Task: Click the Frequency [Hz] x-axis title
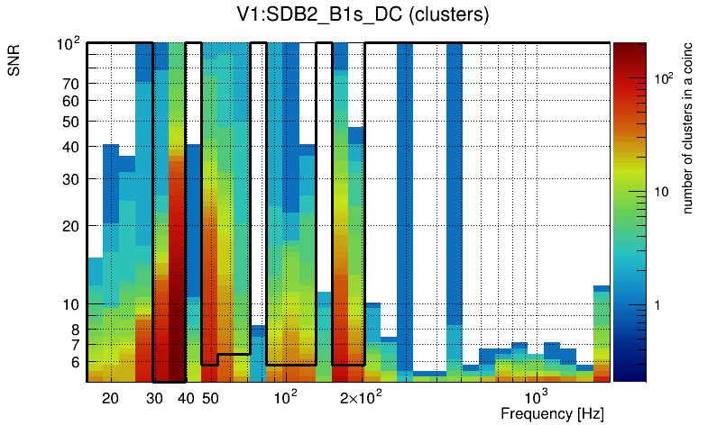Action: point(552,413)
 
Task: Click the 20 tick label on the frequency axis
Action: point(110,398)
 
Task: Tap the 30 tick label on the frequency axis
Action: point(154,398)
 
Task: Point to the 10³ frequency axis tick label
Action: point(537,397)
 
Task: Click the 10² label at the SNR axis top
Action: point(70,43)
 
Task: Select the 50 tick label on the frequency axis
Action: point(210,398)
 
